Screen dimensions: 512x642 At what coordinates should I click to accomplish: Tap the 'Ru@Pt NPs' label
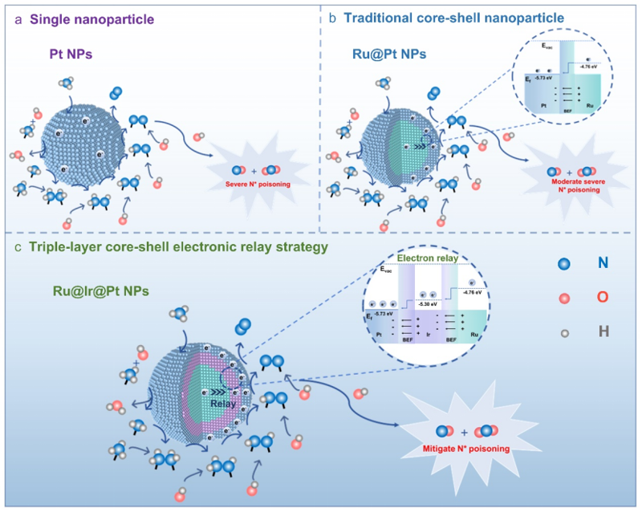[377, 56]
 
